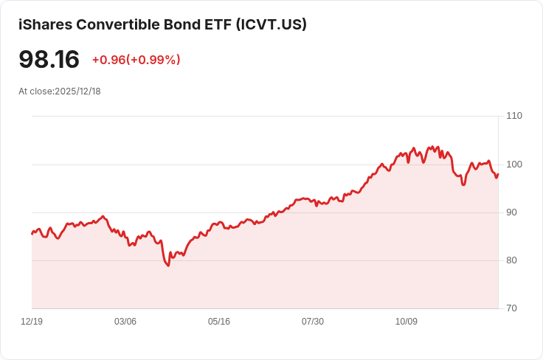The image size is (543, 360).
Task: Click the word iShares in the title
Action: [x=45, y=24]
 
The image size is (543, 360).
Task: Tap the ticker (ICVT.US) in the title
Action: [x=271, y=24]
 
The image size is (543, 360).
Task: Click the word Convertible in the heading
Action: [x=118, y=24]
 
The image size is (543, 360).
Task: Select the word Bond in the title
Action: [x=181, y=24]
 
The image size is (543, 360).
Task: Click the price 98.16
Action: [x=49, y=60]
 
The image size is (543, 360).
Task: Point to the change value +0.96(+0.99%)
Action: [x=136, y=60]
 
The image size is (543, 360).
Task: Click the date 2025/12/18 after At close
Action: [x=77, y=91]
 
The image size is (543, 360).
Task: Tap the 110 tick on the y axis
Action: [x=514, y=116]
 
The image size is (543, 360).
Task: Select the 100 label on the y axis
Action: [x=514, y=165]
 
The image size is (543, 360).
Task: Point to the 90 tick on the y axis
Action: [x=511, y=212]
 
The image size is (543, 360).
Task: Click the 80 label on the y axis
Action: [x=511, y=260]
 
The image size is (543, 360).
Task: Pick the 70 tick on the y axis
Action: [x=511, y=308]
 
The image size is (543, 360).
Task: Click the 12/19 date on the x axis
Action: [x=32, y=322]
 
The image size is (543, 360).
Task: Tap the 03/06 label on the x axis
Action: [x=125, y=322]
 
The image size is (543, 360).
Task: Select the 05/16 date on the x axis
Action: [x=219, y=322]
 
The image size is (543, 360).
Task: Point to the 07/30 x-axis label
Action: [x=313, y=322]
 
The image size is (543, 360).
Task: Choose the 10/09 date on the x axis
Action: [x=407, y=322]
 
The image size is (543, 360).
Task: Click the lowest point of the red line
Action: [x=168, y=266]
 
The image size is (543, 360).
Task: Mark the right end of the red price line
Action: [x=498, y=174]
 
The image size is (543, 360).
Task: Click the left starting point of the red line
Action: [x=32, y=234]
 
